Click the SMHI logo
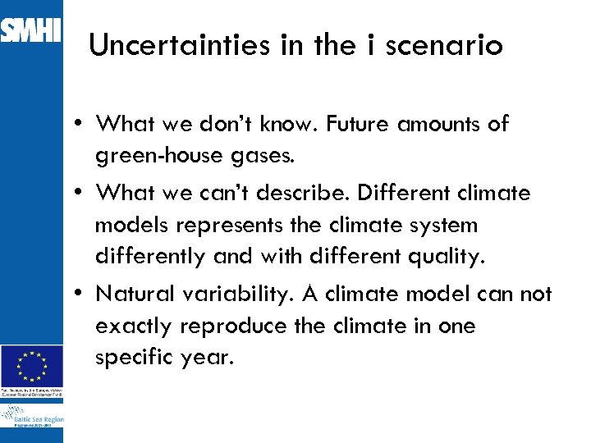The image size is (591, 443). (31, 30)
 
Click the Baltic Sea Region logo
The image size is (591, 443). (32, 421)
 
